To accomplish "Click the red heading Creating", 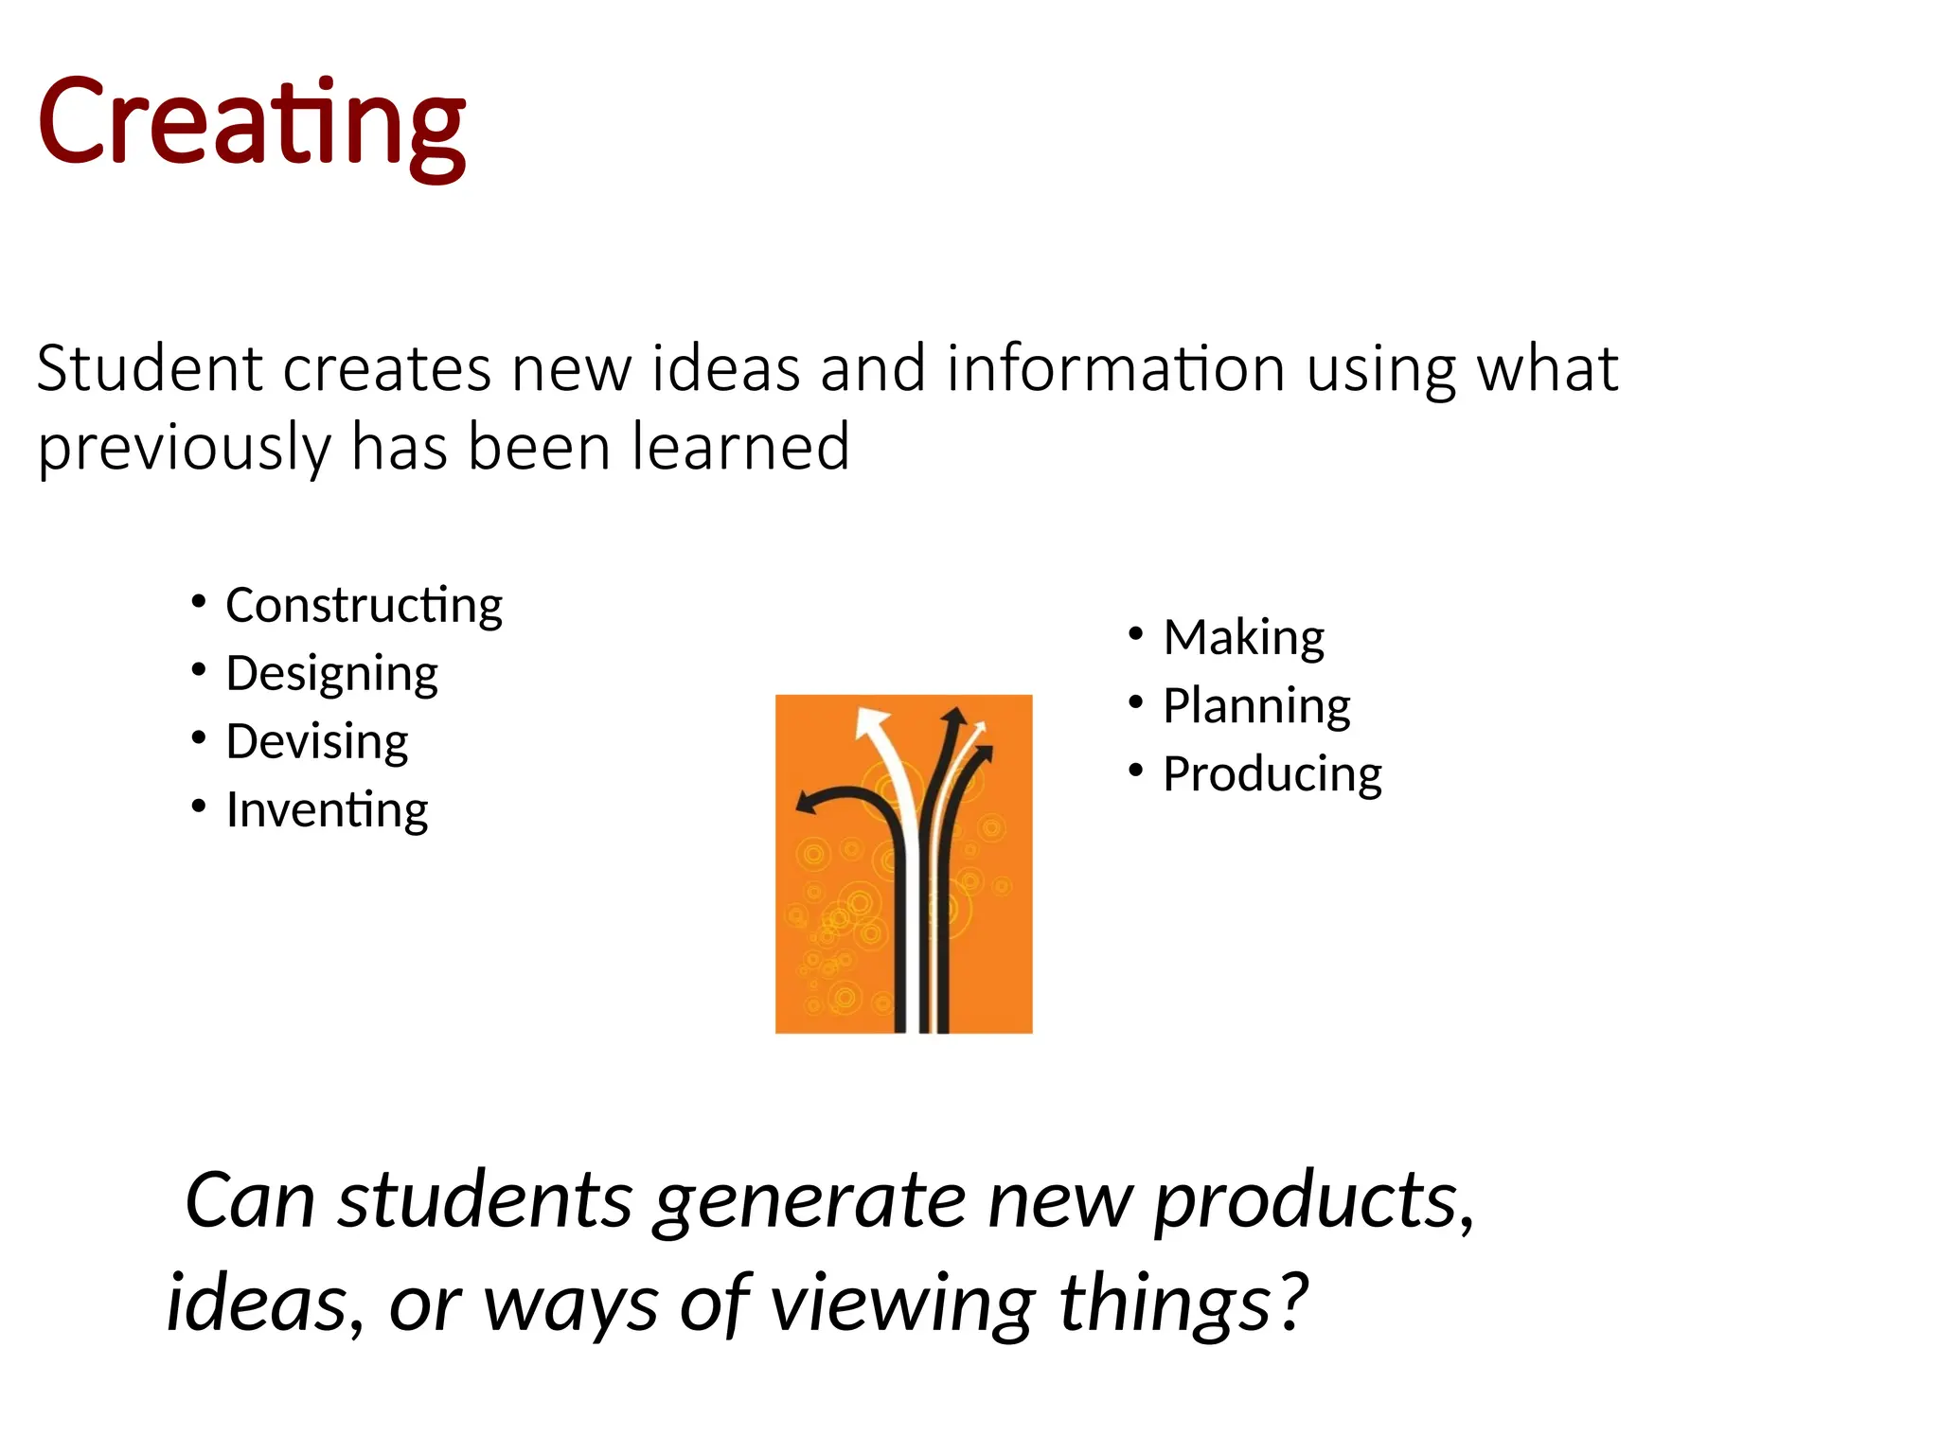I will click(x=251, y=123).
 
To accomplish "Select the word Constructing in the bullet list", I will click(x=364, y=605).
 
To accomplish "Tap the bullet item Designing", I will click(x=331, y=673).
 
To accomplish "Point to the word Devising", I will click(x=316, y=741).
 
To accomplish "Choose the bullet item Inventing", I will click(x=327, y=810).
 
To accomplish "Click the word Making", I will click(x=1243, y=637).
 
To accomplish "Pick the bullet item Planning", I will click(x=1256, y=706).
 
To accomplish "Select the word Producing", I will click(x=1272, y=774).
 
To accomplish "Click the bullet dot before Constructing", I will click(x=198, y=601).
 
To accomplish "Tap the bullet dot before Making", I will click(x=1136, y=633).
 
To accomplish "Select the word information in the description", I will click(x=1115, y=368).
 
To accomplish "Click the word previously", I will click(x=183, y=449).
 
